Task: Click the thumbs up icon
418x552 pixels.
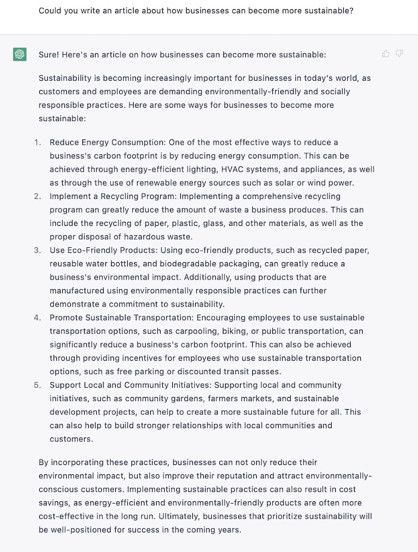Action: click(386, 54)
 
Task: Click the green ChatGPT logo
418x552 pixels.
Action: click(20, 55)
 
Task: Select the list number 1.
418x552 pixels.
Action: click(37, 142)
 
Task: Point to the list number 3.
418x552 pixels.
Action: click(37, 250)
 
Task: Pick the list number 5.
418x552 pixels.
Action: click(37, 385)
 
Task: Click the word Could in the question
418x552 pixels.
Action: click(51, 10)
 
